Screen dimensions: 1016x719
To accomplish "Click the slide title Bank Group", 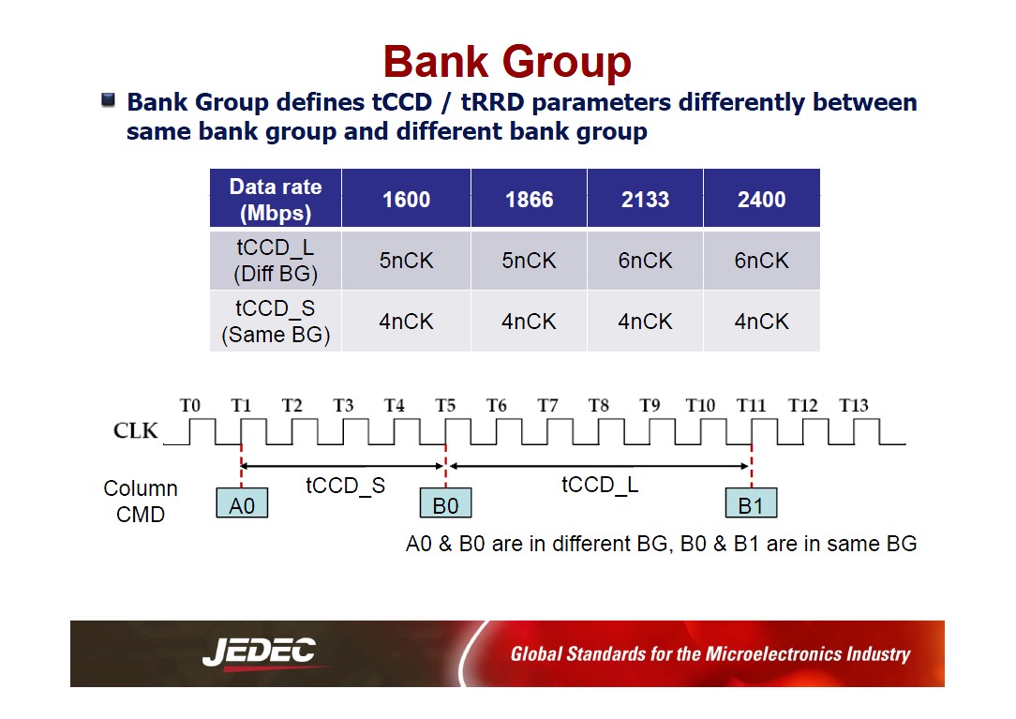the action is (507, 62).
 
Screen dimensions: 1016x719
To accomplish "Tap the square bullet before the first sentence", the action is (108, 100).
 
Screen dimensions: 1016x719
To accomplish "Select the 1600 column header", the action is (406, 199).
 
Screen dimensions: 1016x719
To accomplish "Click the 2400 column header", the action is (761, 199).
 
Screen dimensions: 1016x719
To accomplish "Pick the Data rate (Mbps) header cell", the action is (276, 199).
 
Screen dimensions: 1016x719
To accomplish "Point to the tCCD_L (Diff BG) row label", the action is (276, 261).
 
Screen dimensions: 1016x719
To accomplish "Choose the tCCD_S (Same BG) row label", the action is (276, 322).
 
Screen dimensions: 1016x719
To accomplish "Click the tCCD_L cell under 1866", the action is (529, 261).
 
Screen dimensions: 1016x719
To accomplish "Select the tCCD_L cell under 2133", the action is (646, 261).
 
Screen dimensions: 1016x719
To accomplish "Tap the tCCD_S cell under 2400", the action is (761, 322).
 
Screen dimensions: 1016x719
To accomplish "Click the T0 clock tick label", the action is (190, 405).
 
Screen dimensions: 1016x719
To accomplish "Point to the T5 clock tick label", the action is (445, 405).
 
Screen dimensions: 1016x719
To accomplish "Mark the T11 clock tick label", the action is (751, 405).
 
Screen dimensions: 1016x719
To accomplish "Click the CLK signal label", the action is (135, 430).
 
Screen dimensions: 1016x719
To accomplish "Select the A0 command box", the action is (242, 503).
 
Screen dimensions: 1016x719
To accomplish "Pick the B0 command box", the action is (445, 503).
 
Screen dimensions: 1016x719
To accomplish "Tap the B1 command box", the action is (751, 503).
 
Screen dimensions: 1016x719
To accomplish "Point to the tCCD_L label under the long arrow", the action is (600, 485).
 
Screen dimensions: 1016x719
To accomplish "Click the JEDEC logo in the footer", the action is (261, 652).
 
